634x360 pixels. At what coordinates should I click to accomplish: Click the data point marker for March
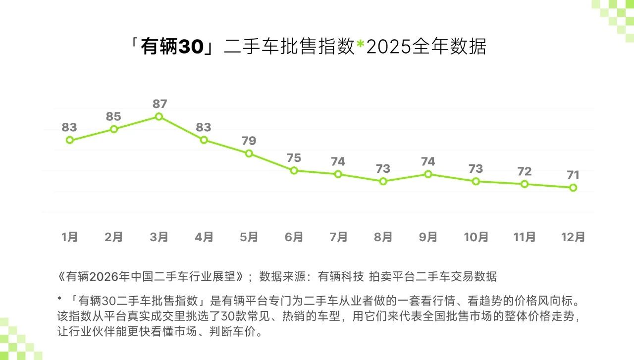(159, 117)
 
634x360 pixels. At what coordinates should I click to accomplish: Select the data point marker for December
(573, 188)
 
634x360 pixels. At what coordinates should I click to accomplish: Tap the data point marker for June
(294, 171)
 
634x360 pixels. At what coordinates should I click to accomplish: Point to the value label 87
(160, 104)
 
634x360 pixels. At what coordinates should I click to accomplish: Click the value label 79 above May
(249, 141)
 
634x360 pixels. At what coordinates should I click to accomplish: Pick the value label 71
(573, 175)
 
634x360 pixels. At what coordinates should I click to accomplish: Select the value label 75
(294, 158)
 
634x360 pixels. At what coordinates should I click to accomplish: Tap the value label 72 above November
(524, 171)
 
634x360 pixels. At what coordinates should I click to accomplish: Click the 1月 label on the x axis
(70, 237)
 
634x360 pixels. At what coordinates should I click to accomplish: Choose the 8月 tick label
(383, 237)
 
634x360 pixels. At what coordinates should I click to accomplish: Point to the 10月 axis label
(476, 237)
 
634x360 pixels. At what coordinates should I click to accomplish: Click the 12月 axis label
(573, 237)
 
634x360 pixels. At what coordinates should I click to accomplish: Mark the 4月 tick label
(204, 237)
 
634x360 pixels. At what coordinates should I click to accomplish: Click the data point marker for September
(428, 174)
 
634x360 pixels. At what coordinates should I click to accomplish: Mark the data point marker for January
(70, 140)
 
